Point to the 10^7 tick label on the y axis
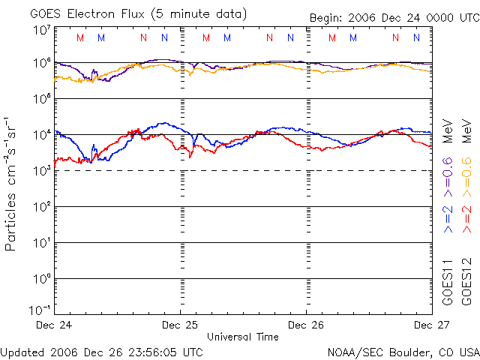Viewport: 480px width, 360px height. coord(41,30)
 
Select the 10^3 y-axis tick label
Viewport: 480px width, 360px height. coord(41,170)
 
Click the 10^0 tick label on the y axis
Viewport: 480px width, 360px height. coord(41,278)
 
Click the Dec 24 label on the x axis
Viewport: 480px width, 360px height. coord(55,325)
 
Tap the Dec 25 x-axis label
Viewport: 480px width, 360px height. coord(181,325)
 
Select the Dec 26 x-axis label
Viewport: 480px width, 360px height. coord(306,325)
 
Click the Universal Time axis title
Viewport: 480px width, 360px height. coord(242,337)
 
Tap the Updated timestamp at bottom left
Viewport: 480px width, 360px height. coord(101,351)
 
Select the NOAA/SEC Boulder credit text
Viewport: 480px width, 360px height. coord(403,351)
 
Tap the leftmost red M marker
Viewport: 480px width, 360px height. coord(81,37)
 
